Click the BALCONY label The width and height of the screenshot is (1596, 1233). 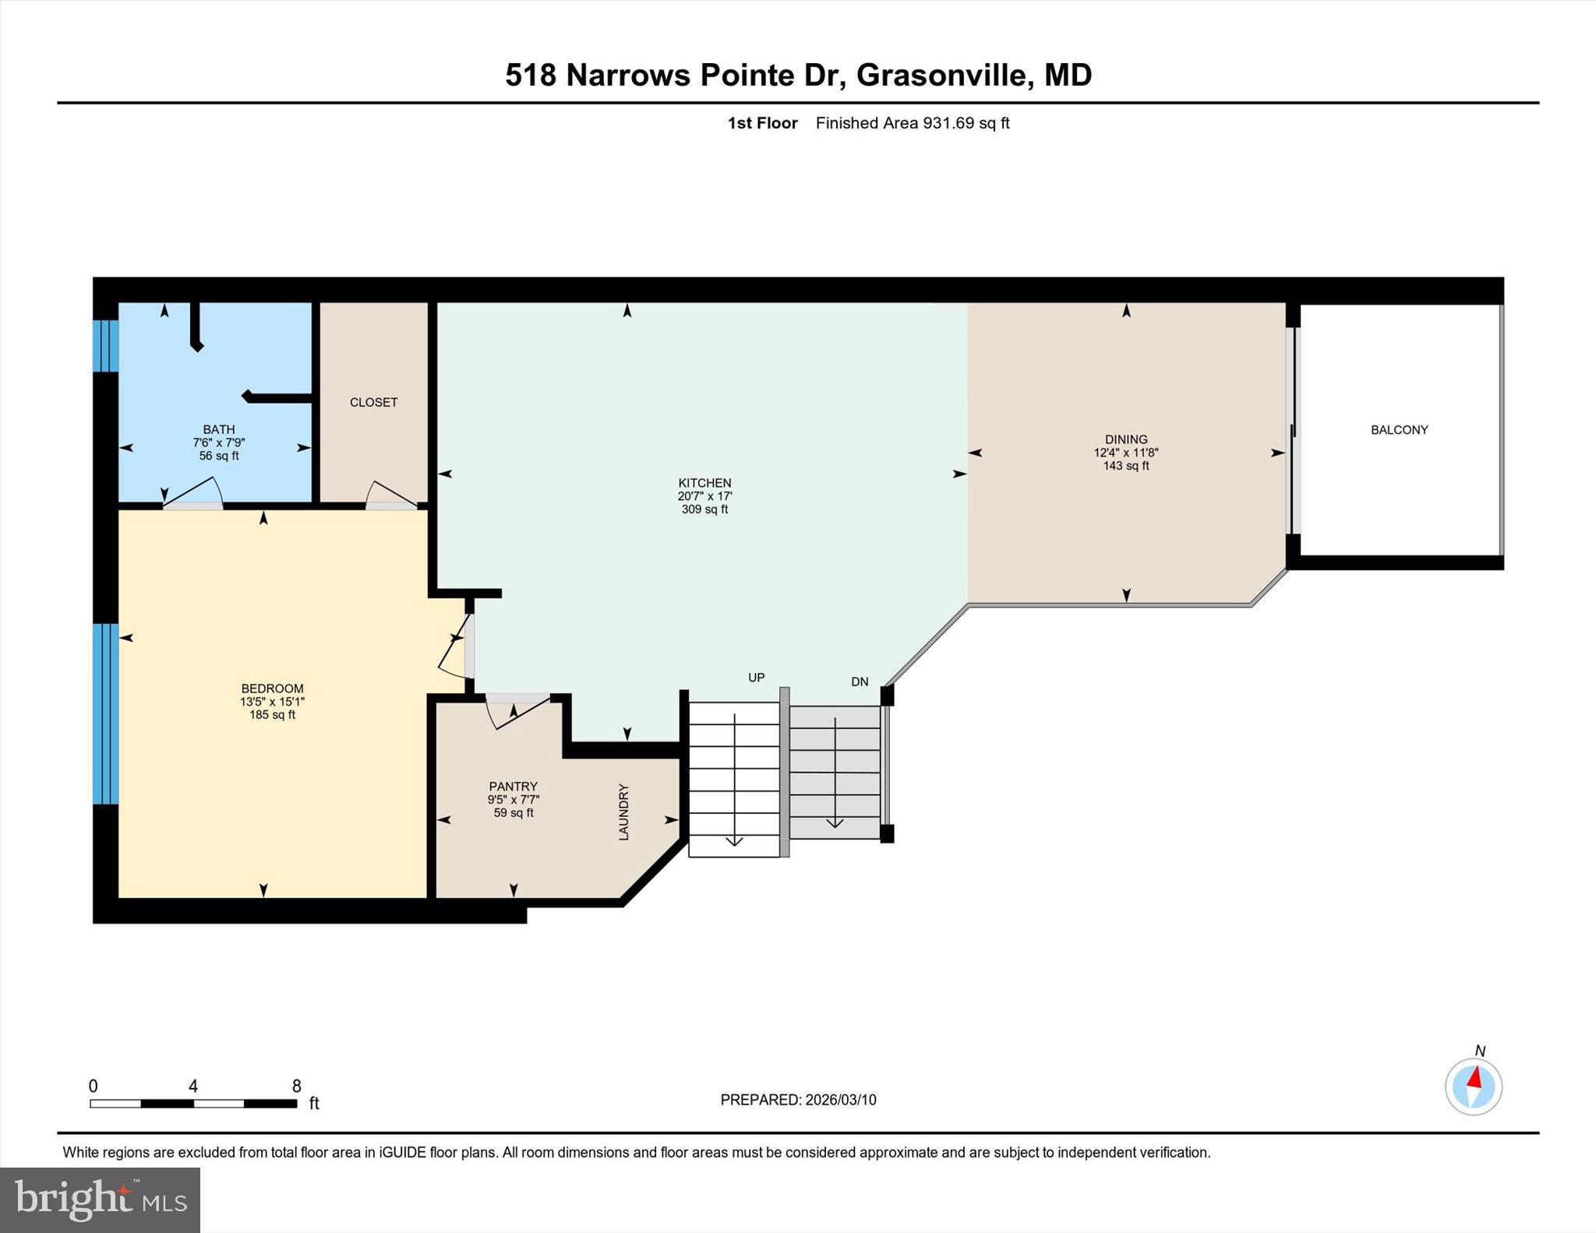pos(1399,430)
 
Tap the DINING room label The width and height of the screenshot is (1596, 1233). pos(1125,439)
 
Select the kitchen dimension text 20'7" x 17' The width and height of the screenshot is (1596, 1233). pos(704,496)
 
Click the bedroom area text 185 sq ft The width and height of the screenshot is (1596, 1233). pos(272,715)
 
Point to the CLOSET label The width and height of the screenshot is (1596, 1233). pos(373,403)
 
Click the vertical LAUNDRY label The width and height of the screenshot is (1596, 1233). pos(623,812)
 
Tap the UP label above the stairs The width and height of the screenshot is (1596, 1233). pos(756,678)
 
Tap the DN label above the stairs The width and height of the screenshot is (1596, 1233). pos(860,682)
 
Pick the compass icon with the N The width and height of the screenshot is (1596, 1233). pos(1473,1086)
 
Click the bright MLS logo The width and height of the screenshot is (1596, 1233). pos(100,1200)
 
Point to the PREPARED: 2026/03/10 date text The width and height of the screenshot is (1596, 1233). pos(798,1100)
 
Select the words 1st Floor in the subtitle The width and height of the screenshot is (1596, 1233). pos(762,123)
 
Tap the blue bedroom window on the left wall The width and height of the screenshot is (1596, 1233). pos(105,713)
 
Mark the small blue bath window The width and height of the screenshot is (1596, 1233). pos(105,346)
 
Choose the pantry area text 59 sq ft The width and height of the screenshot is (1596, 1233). pos(514,813)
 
